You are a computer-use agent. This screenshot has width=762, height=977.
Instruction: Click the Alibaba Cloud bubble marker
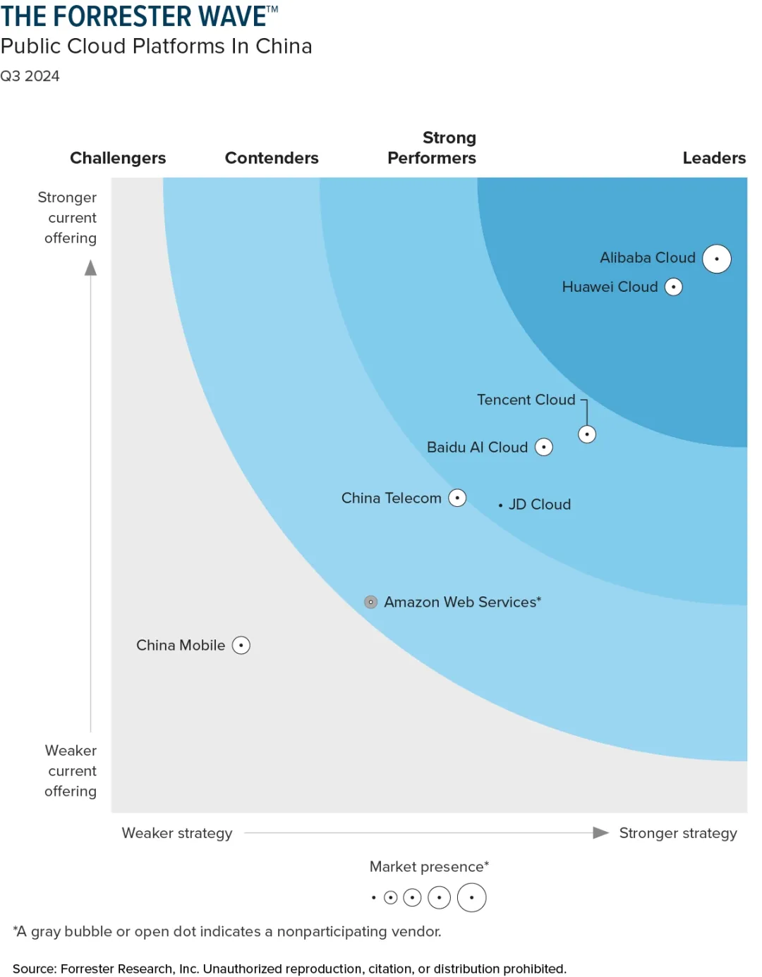tap(716, 259)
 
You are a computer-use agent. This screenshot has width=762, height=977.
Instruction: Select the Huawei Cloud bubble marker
tap(674, 287)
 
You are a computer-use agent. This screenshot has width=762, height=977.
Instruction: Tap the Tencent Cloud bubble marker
tap(587, 434)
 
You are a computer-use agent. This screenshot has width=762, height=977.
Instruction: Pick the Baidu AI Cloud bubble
tap(544, 447)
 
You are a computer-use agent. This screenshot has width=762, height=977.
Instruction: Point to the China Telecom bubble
tap(458, 498)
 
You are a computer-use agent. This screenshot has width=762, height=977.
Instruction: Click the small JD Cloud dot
tap(500, 505)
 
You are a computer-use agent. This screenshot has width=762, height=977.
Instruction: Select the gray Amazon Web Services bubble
tap(371, 602)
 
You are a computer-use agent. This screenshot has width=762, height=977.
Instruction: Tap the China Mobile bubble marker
tap(241, 645)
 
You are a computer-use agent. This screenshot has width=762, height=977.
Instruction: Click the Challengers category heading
tap(118, 158)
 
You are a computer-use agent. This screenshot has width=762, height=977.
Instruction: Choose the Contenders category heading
tap(272, 158)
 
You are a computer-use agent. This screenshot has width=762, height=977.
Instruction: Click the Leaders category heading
tap(714, 158)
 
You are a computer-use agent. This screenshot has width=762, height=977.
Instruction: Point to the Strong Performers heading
tap(432, 148)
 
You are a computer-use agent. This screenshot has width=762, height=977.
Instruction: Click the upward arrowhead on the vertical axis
tap(91, 268)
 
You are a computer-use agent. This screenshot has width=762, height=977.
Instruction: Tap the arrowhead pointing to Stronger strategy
tap(600, 832)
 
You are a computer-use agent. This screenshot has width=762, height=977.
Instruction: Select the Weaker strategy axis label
tap(177, 833)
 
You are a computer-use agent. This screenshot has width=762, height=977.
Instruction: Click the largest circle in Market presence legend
tap(472, 897)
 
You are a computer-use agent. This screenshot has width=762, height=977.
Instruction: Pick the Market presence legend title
tap(429, 866)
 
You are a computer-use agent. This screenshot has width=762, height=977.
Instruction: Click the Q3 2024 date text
tap(30, 76)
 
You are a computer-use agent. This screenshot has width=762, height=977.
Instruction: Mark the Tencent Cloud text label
tap(526, 400)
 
